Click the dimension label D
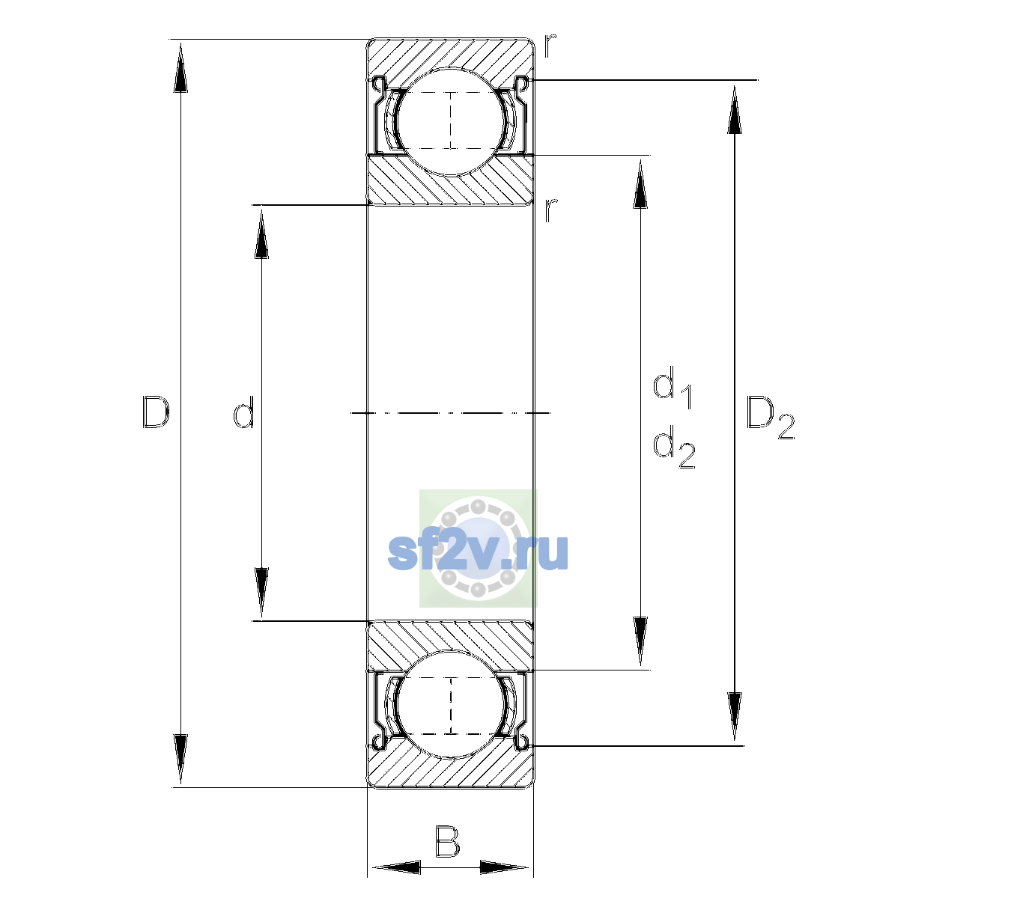(156, 412)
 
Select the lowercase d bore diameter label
(244, 412)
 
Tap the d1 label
(672, 386)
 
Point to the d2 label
(674, 446)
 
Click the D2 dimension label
(770, 417)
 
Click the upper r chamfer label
(550, 46)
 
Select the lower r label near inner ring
(550, 210)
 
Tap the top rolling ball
(451, 122)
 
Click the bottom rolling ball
(451, 704)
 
